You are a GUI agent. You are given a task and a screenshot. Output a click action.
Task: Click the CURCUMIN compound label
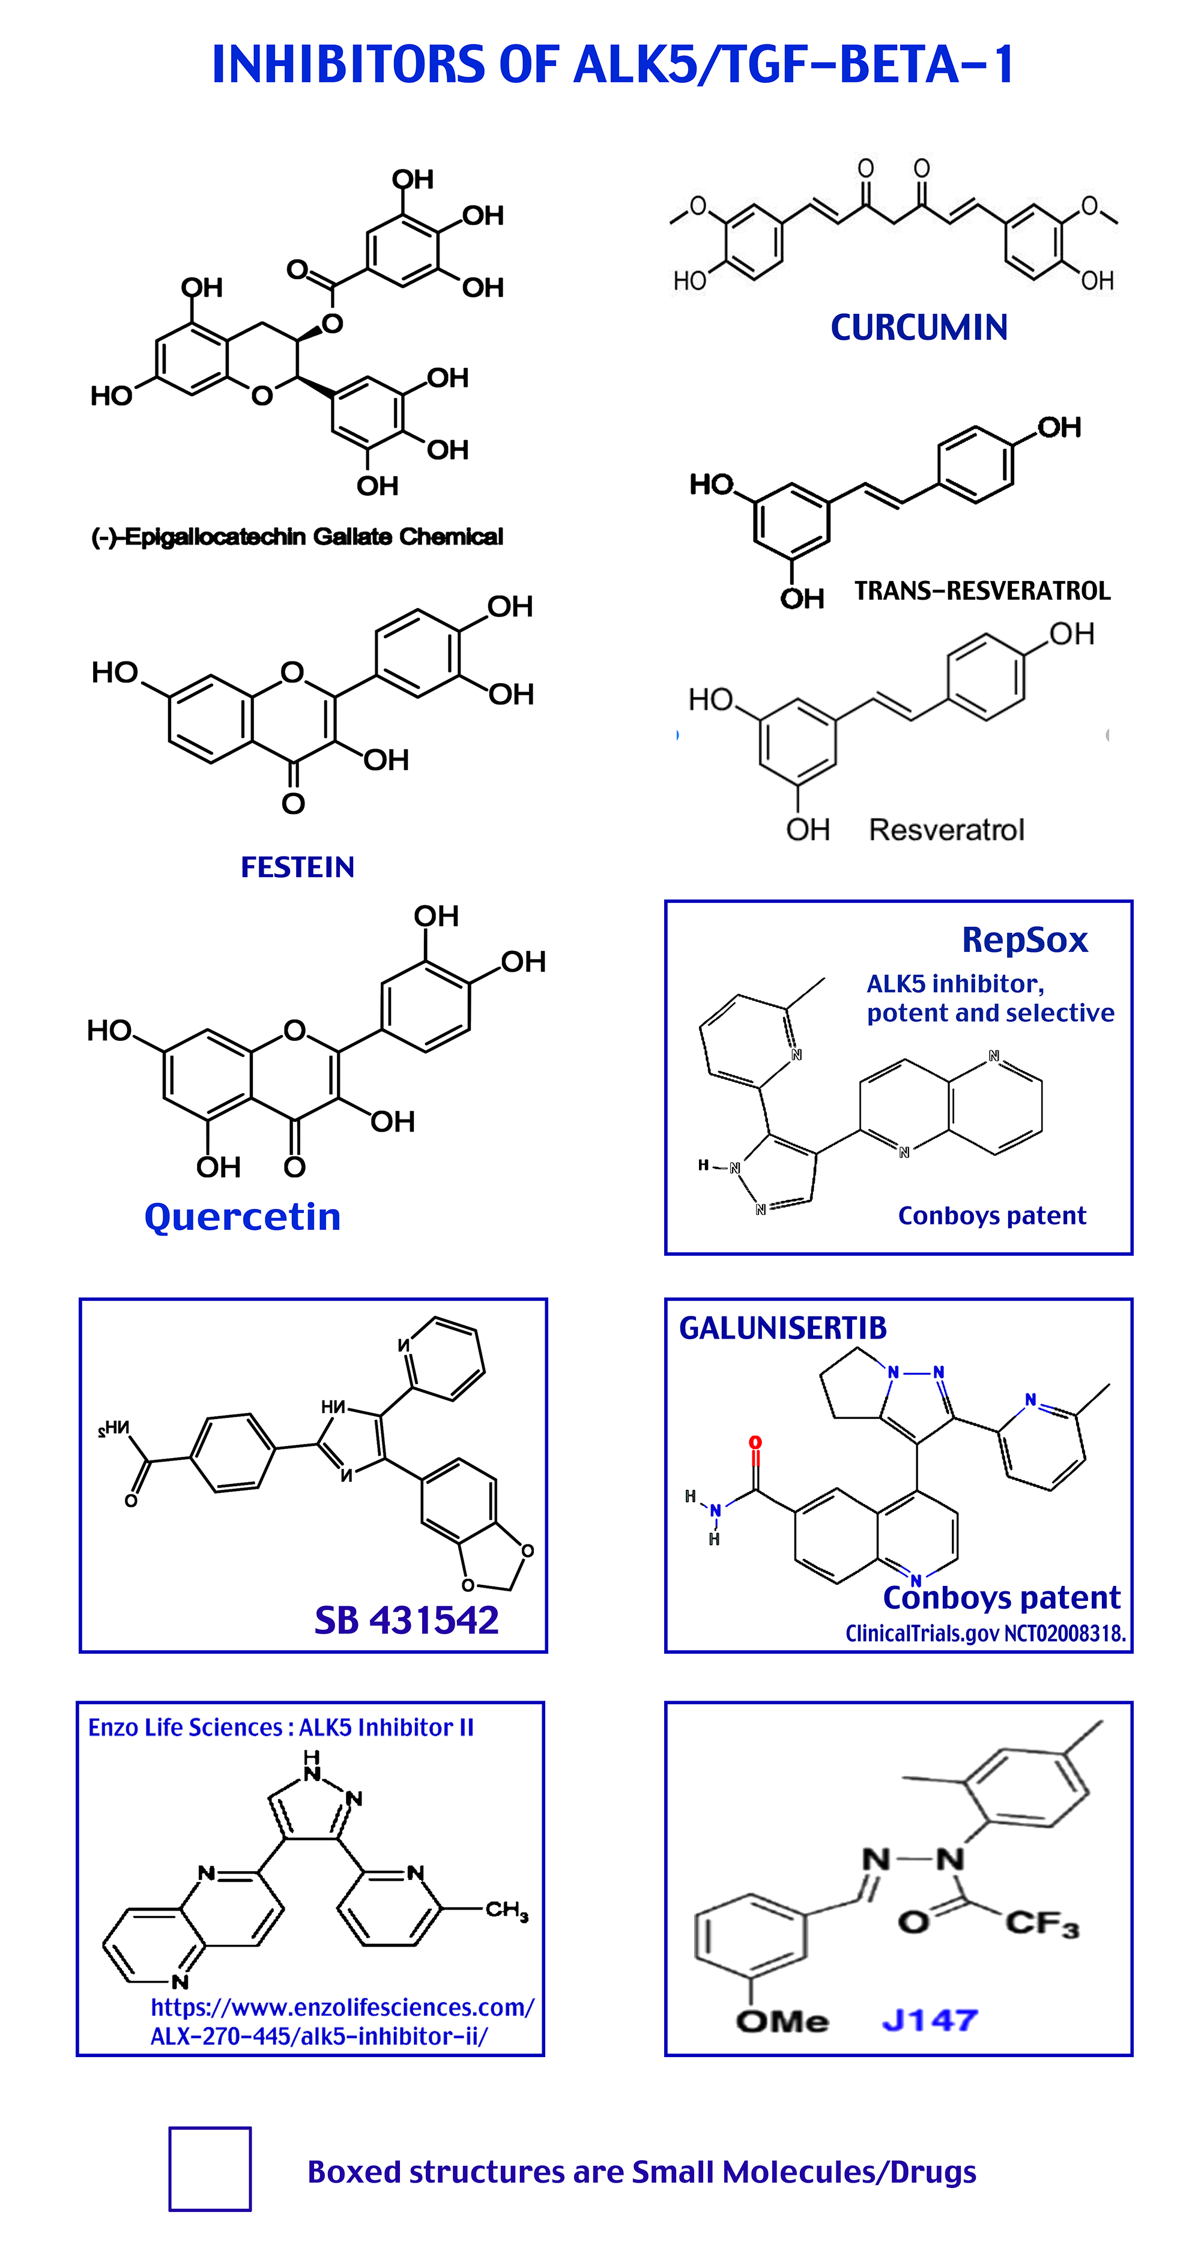pos(919,328)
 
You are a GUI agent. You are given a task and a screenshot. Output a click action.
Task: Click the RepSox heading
pos(1024,940)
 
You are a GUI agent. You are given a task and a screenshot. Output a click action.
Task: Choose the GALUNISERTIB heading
pos(782,1328)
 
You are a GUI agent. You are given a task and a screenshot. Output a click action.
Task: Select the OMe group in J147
pos(781,2020)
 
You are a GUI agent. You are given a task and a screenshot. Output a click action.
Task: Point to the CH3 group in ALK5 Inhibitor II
pos(507,1909)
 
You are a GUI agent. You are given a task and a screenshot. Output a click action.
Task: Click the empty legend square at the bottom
pos(210,2169)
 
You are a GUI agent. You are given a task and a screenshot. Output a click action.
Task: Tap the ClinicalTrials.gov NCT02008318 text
pos(985,1633)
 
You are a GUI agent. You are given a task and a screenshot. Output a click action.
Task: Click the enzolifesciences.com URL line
pos(342,2007)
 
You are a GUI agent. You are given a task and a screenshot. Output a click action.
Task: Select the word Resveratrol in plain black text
pos(946,830)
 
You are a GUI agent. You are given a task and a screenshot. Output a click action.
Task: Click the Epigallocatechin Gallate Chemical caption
pos(297,537)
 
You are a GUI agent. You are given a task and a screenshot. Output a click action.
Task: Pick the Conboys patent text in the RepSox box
pos(991,1216)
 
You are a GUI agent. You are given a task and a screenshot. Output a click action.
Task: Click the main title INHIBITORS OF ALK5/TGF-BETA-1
pos(612,65)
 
